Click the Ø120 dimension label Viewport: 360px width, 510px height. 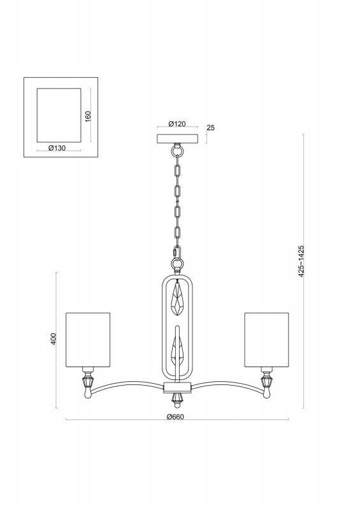pyautogui.click(x=177, y=124)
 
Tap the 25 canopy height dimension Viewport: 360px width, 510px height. pyautogui.click(x=211, y=128)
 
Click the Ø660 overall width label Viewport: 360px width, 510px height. pyautogui.click(x=175, y=416)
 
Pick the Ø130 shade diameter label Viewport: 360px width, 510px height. pyautogui.click(x=58, y=148)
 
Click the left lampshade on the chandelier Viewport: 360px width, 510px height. pyautogui.click(x=89, y=340)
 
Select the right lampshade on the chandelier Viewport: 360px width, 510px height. pyautogui.click(x=266, y=340)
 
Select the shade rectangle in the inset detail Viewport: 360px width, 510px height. pyautogui.click(x=59, y=115)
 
